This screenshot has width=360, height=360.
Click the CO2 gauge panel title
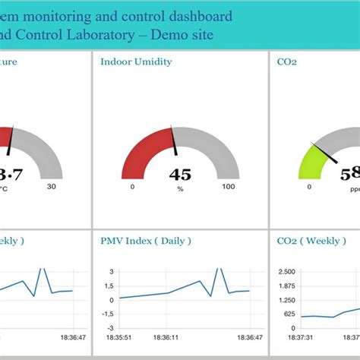coord(282,62)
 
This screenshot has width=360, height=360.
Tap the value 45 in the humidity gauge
coord(180,175)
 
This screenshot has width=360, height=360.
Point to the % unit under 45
coord(180,187)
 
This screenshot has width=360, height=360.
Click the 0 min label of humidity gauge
coord(132,187)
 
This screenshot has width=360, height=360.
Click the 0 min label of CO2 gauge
coord(309,187)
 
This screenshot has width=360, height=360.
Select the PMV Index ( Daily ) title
coord(146,241)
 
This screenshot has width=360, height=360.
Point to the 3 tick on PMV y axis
coord(111,271)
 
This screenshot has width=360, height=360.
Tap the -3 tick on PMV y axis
coord(109,328)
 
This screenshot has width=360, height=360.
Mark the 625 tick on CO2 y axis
coord(288,314)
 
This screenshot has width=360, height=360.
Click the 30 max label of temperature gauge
coord(52,187)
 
